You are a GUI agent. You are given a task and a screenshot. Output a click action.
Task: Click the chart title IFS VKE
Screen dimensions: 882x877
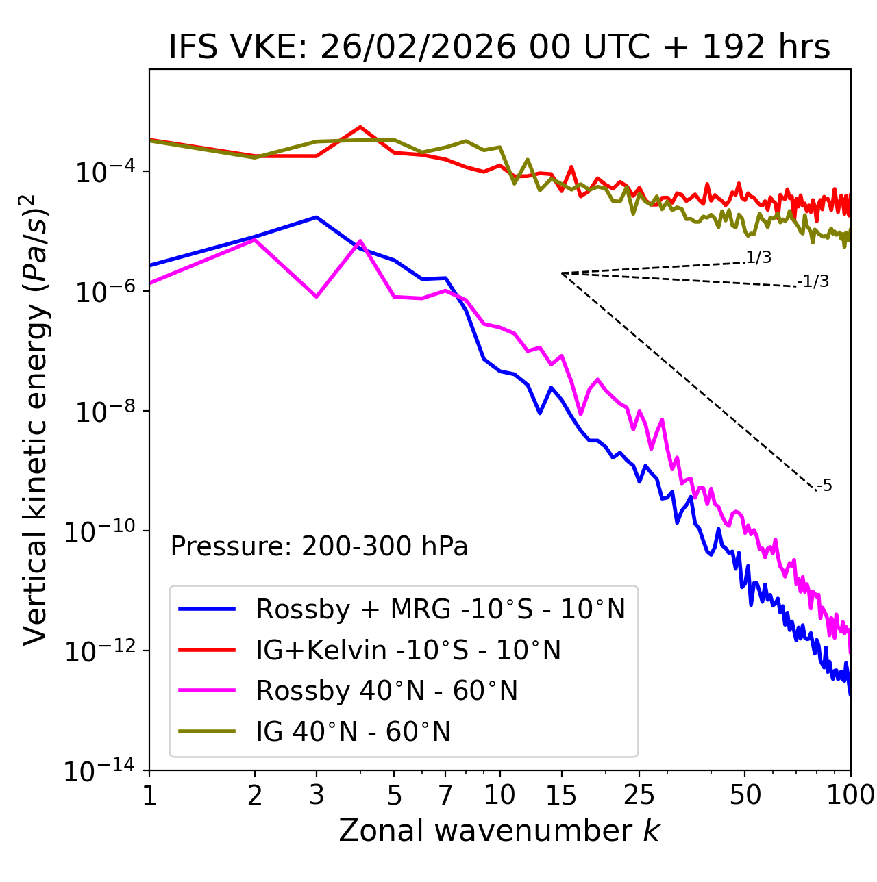pyautogui.click(x=499, y=47)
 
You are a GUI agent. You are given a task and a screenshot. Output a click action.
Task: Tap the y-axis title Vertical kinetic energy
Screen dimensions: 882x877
pyautogui.click(x=36, y=420)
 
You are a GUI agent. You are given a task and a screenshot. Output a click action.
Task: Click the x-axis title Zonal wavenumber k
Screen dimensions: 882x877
pyautogui.click(x=499, y=830)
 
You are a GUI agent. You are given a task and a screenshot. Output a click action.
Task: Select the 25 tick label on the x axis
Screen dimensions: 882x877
pyautogui.click(x=639, y=794)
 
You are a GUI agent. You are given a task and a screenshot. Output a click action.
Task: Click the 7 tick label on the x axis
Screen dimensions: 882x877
pyautogui.click(x=445, y=794)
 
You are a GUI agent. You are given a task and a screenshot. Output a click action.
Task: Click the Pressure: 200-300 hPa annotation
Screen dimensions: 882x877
pyautogui.click(x=319, y=546)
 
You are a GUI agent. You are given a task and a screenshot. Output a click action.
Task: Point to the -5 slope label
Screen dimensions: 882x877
pyautogui.click(x=824, y=486)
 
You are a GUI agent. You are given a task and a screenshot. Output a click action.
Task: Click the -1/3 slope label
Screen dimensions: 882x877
pyautogui.click(x=813, y=281)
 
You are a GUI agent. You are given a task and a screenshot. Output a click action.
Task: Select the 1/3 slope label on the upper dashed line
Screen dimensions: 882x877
pyautogui.click(x=758, y=257)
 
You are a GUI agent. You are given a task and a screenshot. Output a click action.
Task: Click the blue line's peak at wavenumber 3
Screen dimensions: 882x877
pyautogui.click(x=316, y=217)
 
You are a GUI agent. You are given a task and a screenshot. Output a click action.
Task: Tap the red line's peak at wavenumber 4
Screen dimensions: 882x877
pyautogui.click(x=360, y=127)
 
